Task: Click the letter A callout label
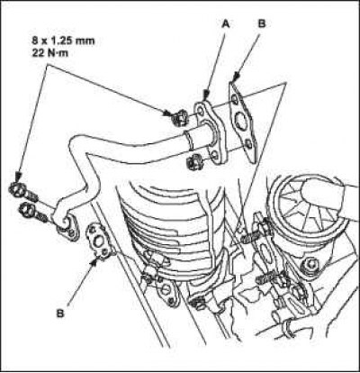(x=225, y=24)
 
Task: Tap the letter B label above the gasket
(x=262, y=23)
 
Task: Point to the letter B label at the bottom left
(x=60, y=314)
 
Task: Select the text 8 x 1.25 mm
(x=63, y=41)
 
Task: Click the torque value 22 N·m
(x=50, y=53)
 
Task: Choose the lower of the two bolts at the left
(x=32, y=212)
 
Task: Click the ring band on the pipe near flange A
(x=188, y=140)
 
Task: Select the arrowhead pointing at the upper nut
(x=168, y=113)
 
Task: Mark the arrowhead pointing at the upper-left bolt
(x=19, y=176)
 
